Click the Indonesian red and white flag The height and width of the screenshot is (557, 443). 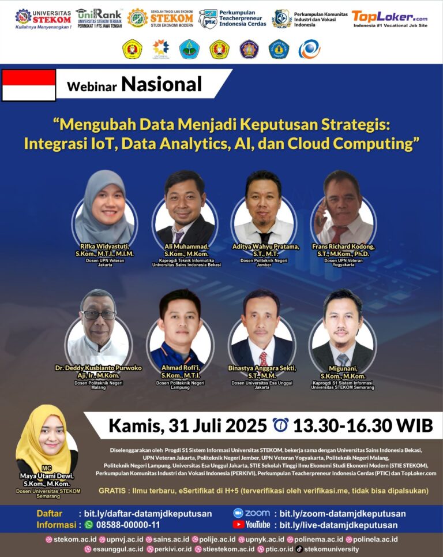tap(29, 85)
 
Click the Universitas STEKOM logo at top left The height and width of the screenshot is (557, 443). tap(43, 18)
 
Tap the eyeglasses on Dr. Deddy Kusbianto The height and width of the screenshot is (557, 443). tap(99, 315)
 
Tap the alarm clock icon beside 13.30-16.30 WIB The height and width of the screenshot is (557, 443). tap(281, 425)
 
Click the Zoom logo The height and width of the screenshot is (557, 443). tap(251, 513)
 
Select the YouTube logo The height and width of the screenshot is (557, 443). tap(251, 525)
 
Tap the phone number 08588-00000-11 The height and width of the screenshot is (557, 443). tap(122, 525)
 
